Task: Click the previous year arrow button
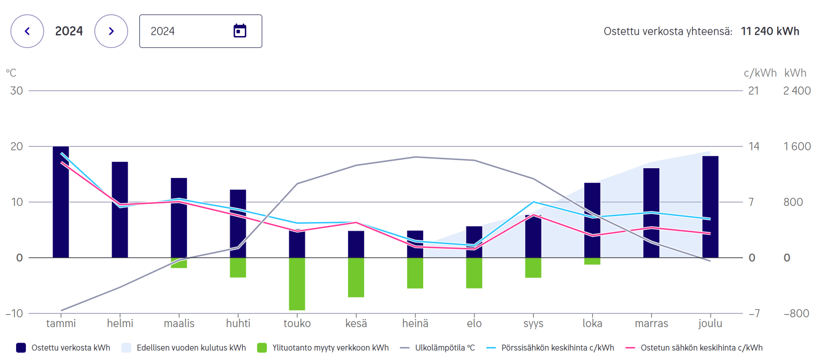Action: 27,31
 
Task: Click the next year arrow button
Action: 111,31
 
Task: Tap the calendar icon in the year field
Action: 240,31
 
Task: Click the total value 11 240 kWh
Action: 770,31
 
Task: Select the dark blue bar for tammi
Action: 61,202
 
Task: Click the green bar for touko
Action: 297,284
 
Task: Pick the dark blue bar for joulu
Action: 710,207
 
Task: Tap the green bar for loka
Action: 592,261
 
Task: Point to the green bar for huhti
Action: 238,267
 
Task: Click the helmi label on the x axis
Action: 120,323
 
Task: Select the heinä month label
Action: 415,323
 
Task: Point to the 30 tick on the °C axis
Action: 17,91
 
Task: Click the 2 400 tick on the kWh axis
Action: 797,91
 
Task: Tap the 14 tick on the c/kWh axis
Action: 754,146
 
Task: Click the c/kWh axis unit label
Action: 760,73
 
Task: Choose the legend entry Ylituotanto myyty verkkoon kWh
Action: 330,348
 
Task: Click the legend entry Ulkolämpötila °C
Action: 444,348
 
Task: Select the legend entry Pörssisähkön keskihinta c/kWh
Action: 557,348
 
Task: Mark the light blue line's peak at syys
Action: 533,202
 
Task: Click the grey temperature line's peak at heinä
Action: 415,157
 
